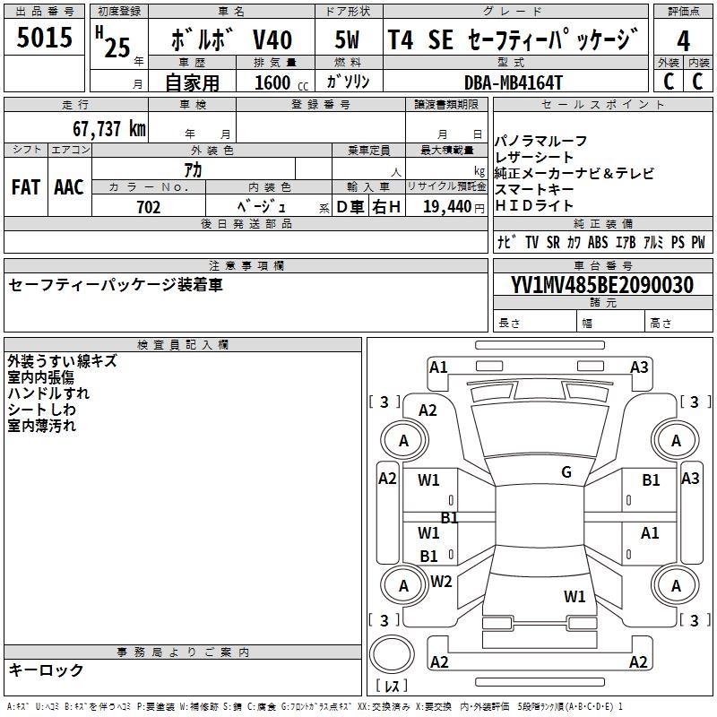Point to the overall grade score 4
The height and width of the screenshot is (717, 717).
tap(684, 41)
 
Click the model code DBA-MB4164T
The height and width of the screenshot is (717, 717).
tap(514, 82)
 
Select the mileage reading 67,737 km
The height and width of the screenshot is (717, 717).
tap(109, 129)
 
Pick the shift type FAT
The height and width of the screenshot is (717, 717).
tap(25, 187)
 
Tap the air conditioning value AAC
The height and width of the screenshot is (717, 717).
tap(69, 187)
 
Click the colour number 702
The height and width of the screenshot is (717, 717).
tap(149, 208)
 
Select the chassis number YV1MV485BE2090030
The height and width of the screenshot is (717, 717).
tap(602, 286)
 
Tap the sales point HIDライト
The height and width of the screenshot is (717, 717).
tap(536, 206)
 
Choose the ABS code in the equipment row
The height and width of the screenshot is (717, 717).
tap(598, 243)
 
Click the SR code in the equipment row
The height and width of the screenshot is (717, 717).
tap(553, 243)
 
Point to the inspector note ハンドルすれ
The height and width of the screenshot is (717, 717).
tap(48, 393)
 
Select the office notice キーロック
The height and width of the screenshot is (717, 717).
tap(46, 669)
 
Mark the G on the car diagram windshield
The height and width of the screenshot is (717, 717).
tap(566, 472)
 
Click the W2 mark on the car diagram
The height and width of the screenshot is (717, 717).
tap(441, 582)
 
